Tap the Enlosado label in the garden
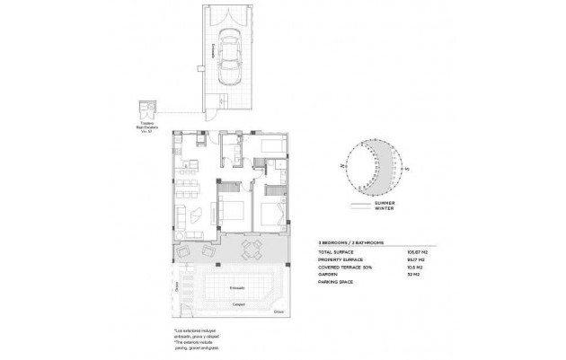click(238, 287)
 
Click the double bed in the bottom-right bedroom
click(273, 215)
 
